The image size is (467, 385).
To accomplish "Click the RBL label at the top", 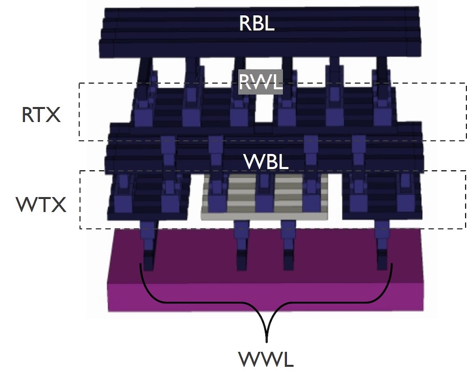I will click(x=256, y=23).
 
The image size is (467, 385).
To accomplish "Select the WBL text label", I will click(x=266, y=162).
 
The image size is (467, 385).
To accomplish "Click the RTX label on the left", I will click(x=41, y=115).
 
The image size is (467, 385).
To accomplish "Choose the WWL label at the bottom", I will click(x=268, y=360).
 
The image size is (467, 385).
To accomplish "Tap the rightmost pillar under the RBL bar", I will click(x=382, y=70).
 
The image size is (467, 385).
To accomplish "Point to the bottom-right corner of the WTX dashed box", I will click(x=466, y=228).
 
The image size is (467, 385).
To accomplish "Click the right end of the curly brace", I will click(x=391, y=265).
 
